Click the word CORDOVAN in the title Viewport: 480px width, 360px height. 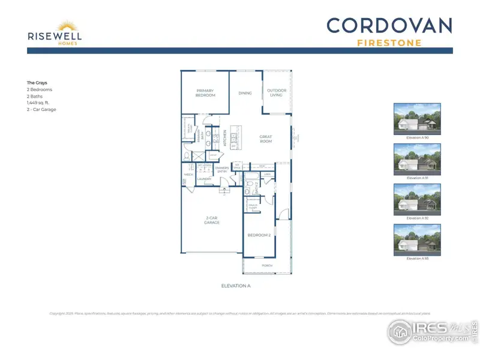[389, 26]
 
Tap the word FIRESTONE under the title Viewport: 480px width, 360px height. [389, 43]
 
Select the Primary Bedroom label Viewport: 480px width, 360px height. [205, 93]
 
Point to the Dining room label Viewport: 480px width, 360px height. [245, 93]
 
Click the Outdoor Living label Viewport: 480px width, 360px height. [277, 93]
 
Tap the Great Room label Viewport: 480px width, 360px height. [266, 139]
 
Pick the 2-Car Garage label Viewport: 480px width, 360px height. [211, 221]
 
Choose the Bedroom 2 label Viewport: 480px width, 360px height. [259, 235]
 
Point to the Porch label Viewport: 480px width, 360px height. [267, 265]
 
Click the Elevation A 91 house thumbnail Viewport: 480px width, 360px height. [417, 158]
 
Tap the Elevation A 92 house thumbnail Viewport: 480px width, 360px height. [417, 199]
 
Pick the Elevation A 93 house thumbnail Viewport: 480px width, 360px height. [417, 239]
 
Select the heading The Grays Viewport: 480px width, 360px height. [37, 82]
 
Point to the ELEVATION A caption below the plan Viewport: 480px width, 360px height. [235, 286]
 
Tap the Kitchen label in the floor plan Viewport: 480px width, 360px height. [225, 139]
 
